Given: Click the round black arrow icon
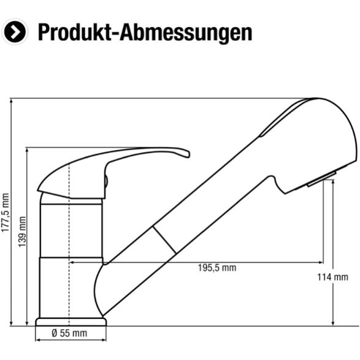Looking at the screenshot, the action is pos(15,32).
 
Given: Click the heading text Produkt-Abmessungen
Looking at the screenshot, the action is pos(145,32).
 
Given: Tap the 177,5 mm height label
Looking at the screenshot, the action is pos(6,212).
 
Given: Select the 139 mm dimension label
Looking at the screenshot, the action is pos(22,231).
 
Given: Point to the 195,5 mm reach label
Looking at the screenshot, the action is pos(217,268).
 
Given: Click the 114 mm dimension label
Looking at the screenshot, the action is pos(332,277).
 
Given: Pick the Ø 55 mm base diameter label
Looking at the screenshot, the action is pos(69,333).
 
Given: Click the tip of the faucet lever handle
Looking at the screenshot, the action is pos(189,154).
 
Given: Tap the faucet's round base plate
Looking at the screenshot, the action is pos(71,322).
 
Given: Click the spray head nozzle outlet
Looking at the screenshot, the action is pos(322,179).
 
